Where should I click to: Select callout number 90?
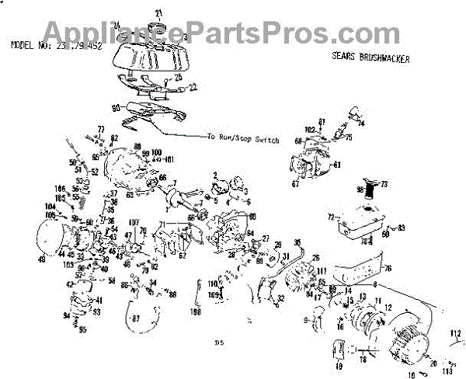coord(116,107)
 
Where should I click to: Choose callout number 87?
coord(136,318)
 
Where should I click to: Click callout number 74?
coord(361,123)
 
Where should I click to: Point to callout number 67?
coord(295,183)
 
